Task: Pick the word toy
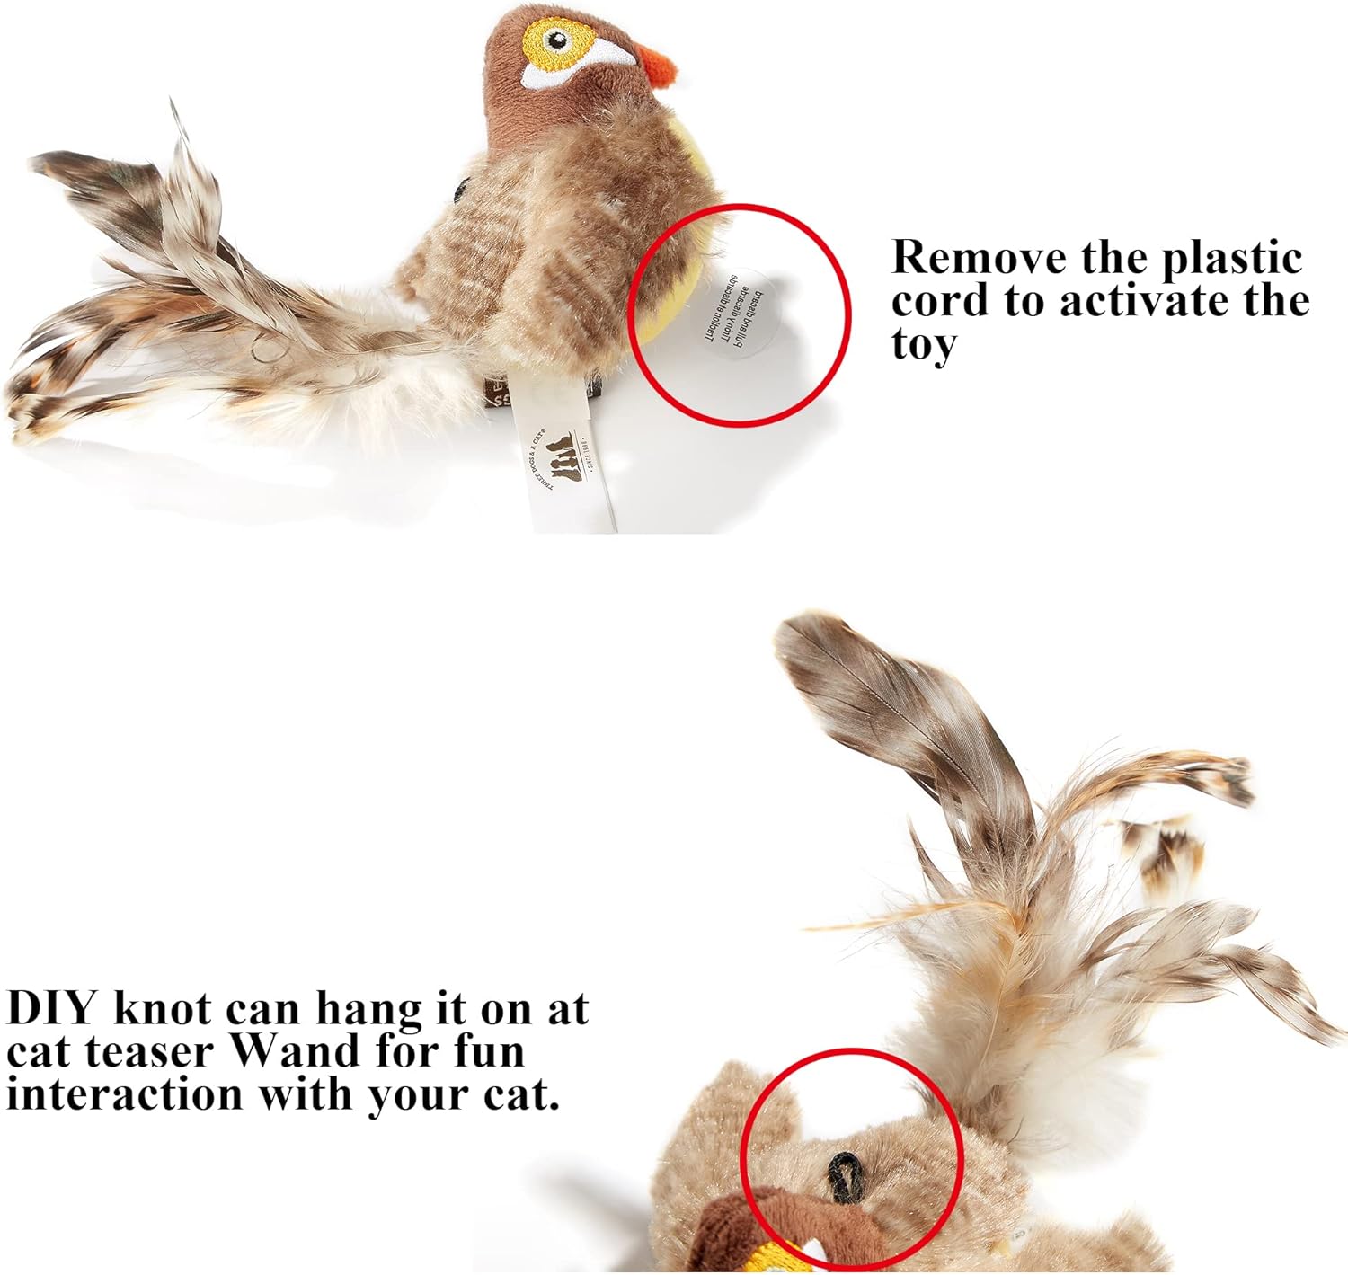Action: (x=924, y=344)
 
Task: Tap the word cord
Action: (x=942, y=300)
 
